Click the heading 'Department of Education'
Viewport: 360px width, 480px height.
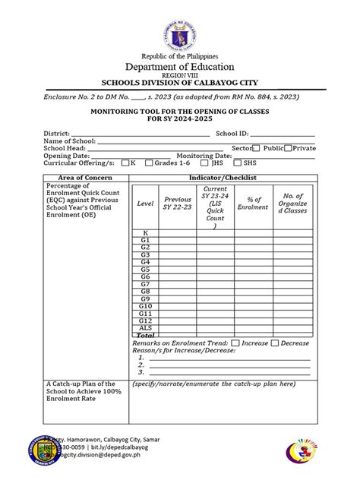click(180, 66)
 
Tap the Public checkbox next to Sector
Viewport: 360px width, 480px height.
click(257, 148)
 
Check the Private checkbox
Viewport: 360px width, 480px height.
click(288, 148)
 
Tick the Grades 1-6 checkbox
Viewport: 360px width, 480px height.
click(150, 163)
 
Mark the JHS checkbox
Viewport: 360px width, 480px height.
click(204, 163)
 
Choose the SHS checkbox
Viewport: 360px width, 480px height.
click(238, 163)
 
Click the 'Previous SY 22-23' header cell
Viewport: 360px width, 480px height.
click(178, 204)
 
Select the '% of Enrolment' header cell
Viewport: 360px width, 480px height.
click(253, 204)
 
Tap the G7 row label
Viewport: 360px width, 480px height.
click(145, 284)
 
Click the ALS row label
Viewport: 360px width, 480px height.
click(145, 327)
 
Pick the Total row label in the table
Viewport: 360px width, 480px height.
click(145, 335)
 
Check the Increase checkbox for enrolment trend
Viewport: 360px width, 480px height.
click(236, 343)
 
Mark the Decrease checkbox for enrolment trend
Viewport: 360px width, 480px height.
click(275, 343)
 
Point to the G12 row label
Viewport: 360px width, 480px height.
click(145, 320)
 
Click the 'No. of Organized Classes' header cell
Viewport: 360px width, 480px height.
click(293, 204)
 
